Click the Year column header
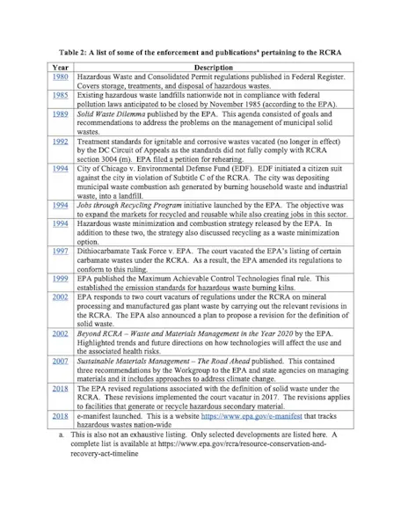60,68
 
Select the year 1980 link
60,77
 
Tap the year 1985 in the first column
60,96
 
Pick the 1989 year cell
60,114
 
